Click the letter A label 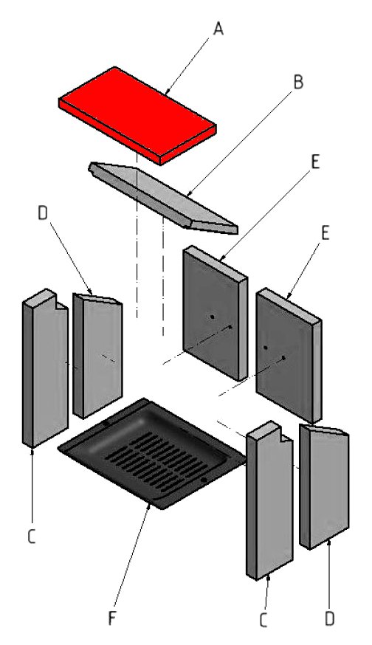point(218,29)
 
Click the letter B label point(298,82)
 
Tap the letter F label point(112,618)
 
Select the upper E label point(315,162)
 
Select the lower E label point(325,233)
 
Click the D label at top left point(43,213)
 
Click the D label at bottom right point(329,619)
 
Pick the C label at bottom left point(32,537)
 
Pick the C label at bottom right point(263,621)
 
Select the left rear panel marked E point(215,314)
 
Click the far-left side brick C point(45,368)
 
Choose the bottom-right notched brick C point(269,500)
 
